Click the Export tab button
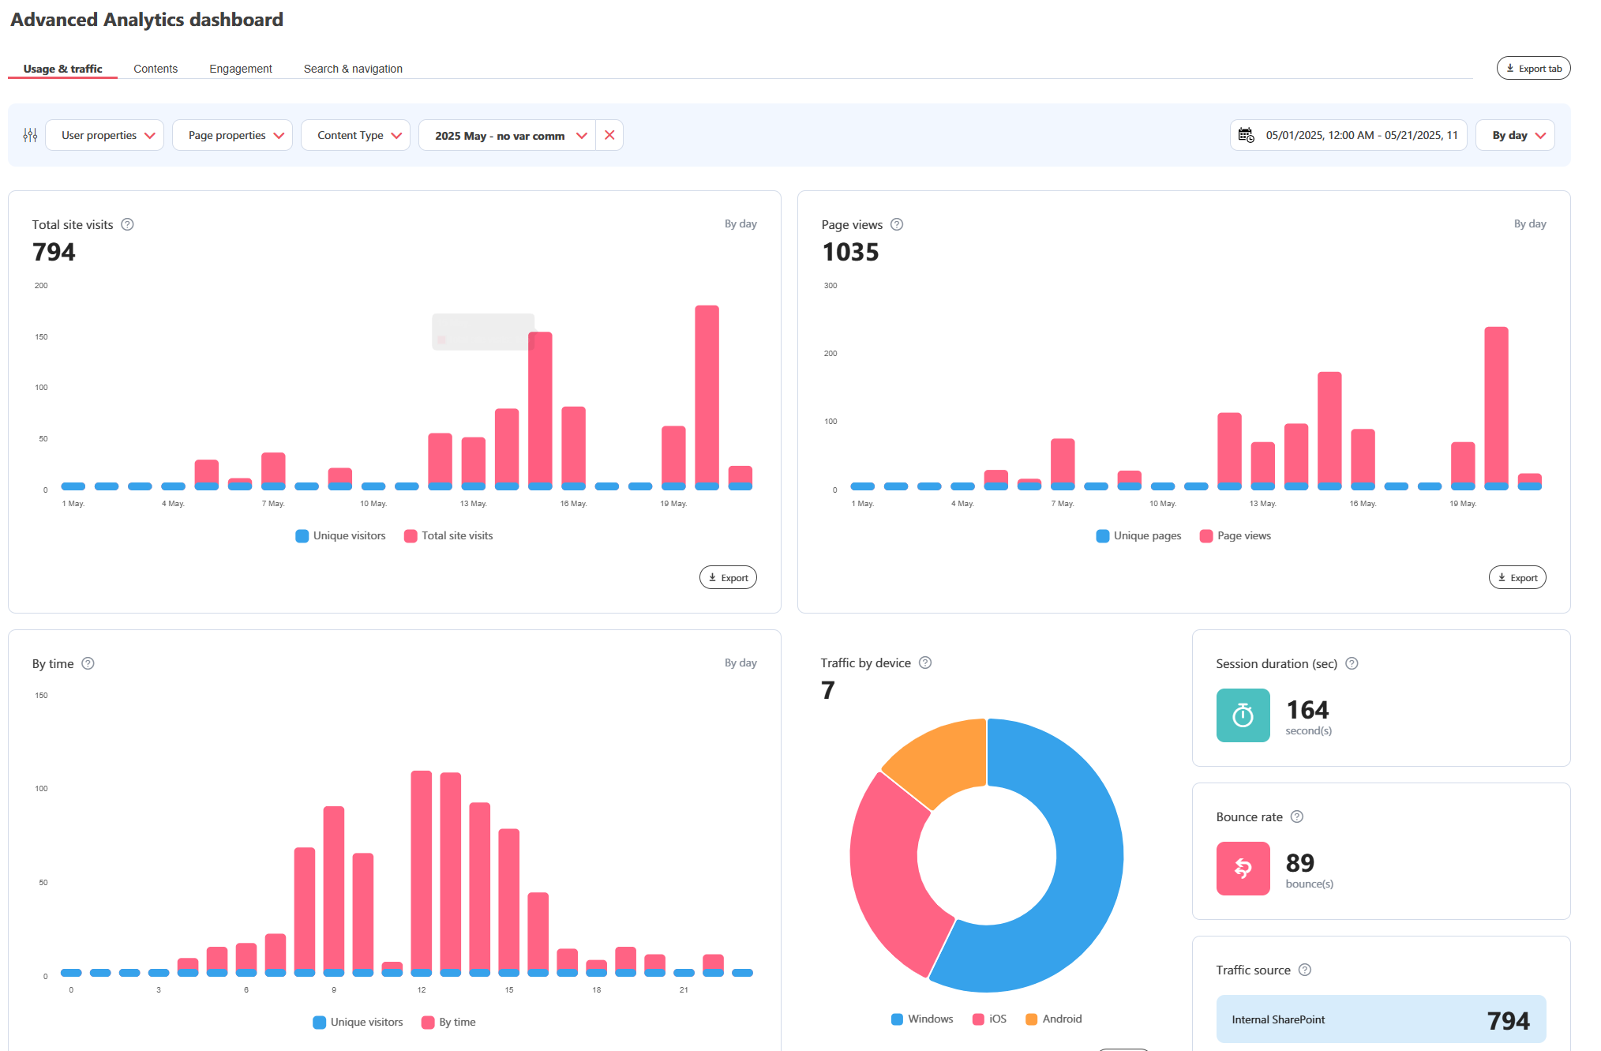tap(1533, 69)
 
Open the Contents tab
tap(156, 69)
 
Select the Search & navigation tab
tap(353, 69)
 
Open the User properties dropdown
tap(105, 135)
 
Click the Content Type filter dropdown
tap(355, 135)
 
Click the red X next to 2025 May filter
tap(609, 135)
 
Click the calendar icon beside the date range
tap(1246, 135)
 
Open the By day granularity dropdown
tap(1515, 135)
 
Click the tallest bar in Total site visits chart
tap(707, 395)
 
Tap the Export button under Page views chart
tap(1517, 577)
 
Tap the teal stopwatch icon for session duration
tap(1243, 715)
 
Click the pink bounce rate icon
tap(1243, 869)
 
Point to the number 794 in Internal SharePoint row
tap(1508, 1020)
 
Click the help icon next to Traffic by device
tap(925, 663)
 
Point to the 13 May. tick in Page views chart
tap(1262, 504)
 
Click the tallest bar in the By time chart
tap(422, 869)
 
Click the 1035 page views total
tap(850, 252)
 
